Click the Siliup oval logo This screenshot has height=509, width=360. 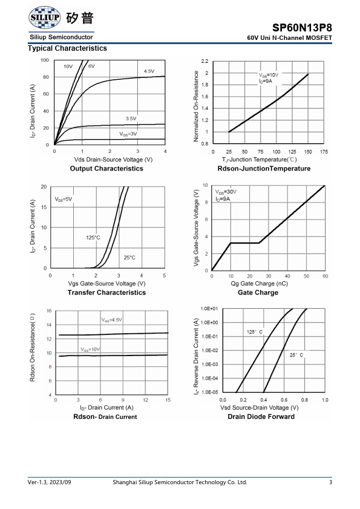[x=45, y=17]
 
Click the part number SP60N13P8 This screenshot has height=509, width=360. [x=302, y=28]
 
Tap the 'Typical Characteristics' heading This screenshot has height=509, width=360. [x=67, y=48]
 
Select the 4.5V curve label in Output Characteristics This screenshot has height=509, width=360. [x=149, y=71]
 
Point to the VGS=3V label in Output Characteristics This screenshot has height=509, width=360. [x=128, y=134]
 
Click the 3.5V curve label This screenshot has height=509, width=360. [x=131, y=118]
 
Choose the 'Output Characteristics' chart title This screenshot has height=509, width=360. [x=106, y=169]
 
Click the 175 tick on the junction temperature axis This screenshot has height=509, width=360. [x=324, y=152]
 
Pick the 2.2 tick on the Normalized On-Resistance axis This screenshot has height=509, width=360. [x=205, y=61]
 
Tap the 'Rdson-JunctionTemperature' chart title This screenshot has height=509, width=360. [x=264, y=169]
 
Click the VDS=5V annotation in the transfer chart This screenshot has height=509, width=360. [x=64, y=199]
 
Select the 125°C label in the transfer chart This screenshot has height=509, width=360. [x=93, y=238]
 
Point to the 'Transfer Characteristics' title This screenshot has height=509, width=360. [x=106, y=293]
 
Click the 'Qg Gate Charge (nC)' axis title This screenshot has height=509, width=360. [x=260, y=284]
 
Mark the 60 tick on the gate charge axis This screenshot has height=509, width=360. [x=326, y=276]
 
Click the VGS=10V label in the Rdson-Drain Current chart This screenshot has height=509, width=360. [x=90, y=349]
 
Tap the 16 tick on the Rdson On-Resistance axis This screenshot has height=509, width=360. [x=49, y=311]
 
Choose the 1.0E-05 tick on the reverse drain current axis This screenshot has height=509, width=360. [x=209, y=392]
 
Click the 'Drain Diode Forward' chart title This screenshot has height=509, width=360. [x=261, y=417]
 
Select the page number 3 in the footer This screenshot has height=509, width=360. [x=330, y=482]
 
